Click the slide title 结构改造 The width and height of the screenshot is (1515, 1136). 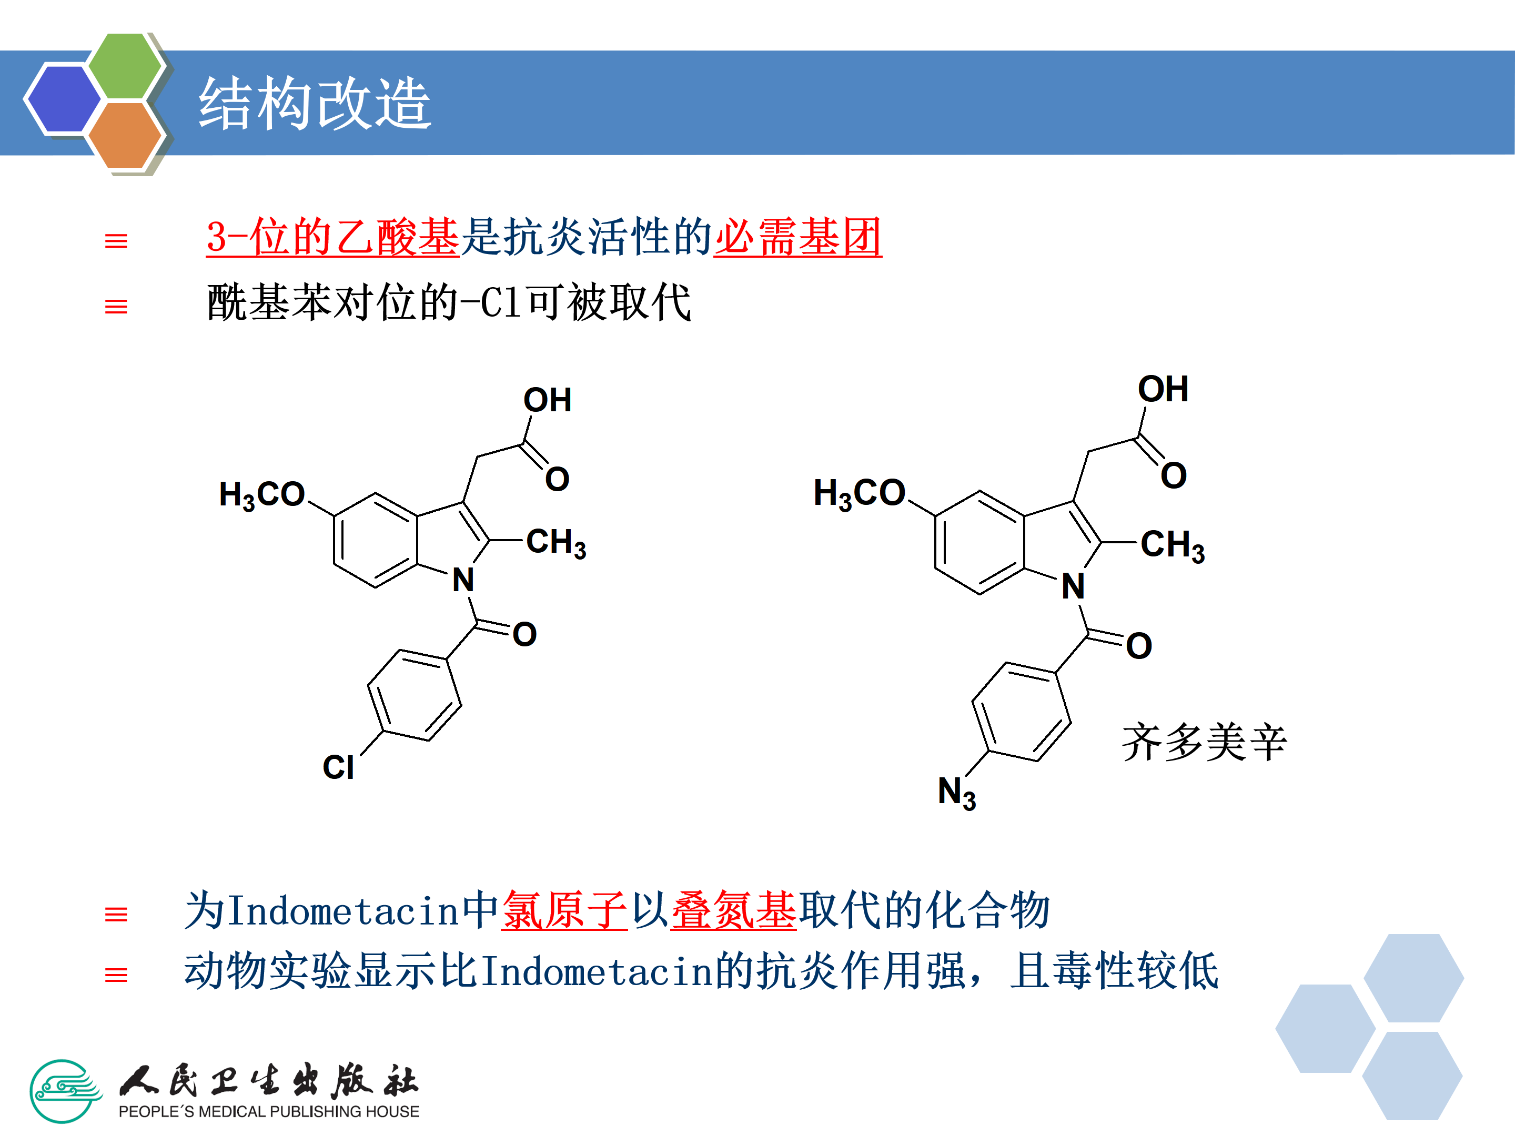[315, 104]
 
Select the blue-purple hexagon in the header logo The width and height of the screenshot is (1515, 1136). [63, 97]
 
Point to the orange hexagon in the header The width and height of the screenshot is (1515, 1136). [125, 135]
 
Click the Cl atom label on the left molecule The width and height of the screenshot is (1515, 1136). [338, 767]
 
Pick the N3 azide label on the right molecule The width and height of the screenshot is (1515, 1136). [956, 793]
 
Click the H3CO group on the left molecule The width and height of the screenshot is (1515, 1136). [261, 494]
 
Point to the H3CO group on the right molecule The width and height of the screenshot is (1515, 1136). [859, 493]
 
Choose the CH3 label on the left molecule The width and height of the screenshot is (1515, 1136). [555, 543]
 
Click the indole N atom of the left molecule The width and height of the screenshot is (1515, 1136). [463, 581]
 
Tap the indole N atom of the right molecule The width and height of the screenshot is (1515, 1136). [1073, 586]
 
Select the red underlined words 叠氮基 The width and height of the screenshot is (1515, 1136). [733, 911]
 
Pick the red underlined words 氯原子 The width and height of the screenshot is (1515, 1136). [564, 911]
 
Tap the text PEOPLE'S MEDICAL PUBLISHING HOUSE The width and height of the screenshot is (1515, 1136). [268, 1111]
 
